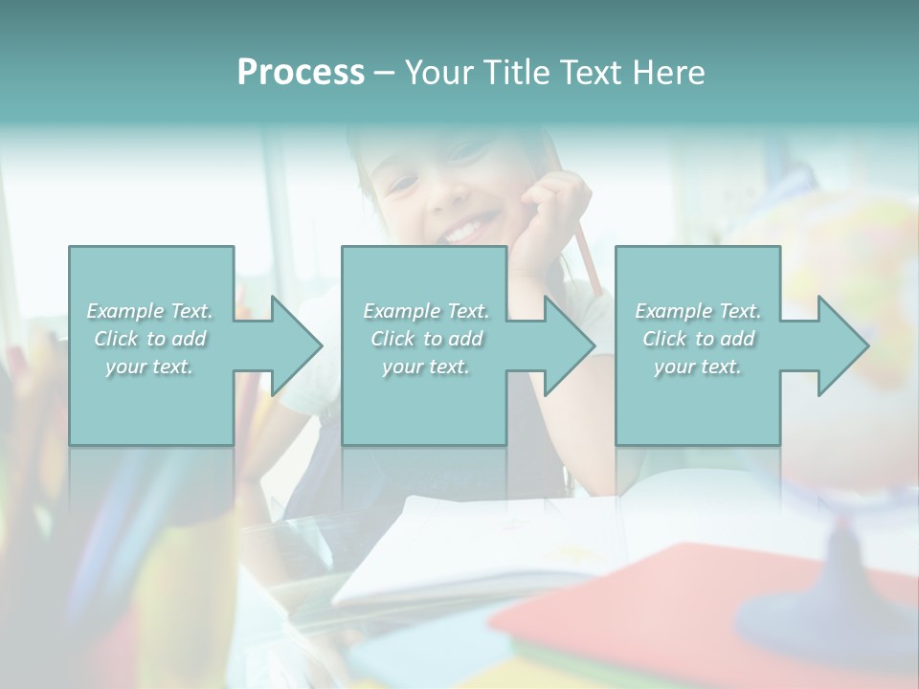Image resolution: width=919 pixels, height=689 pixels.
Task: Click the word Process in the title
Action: click(x=301, y=73)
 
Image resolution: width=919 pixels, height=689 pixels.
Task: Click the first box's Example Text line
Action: click(x=149, y=311)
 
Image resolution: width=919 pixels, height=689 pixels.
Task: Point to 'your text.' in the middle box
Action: click(x=425, y=367)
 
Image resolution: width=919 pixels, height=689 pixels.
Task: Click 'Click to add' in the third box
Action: click(x=698, y=339)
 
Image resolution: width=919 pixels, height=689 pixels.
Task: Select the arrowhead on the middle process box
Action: click(x=568, y=345)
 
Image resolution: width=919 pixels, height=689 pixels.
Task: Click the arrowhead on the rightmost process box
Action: click(x=841, y=345)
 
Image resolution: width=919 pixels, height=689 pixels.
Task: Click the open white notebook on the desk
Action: click(x=479, y=545)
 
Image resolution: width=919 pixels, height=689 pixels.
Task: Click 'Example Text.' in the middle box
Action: click(x=425, y=311)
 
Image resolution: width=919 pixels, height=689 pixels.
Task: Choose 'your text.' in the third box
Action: click(x=698, y=367)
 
